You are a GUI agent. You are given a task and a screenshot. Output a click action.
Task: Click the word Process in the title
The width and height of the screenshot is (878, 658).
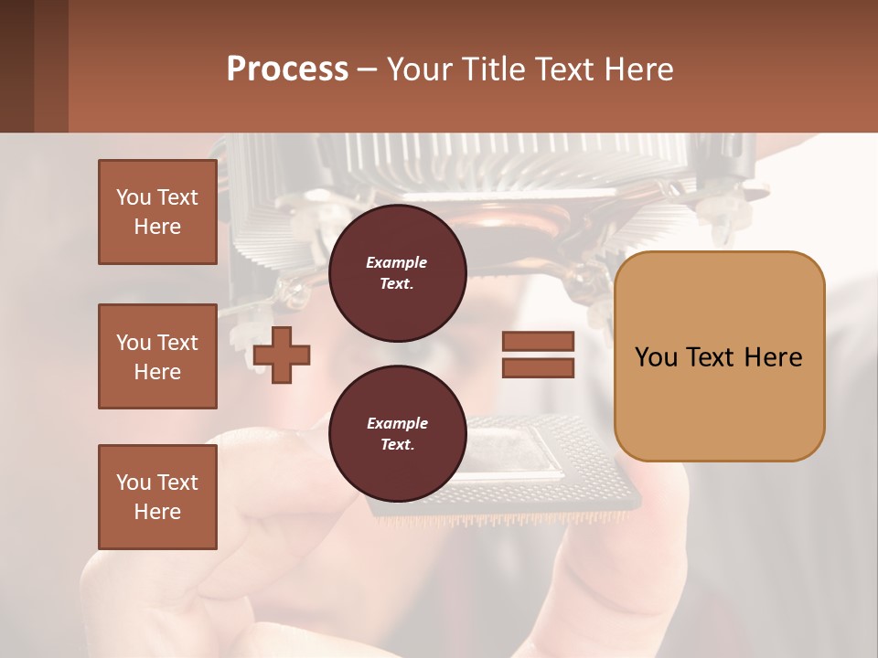point(287,69)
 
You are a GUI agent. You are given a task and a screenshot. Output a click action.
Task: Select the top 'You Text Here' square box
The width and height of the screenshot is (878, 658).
point(157,212)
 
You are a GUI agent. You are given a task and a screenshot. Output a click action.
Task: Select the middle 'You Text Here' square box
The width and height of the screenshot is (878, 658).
point(157,356)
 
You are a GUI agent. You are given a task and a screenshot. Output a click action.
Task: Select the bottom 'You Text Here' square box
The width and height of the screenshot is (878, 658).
point(157,497)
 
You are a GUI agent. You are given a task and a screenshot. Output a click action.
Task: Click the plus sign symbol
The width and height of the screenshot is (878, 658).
point(282,355)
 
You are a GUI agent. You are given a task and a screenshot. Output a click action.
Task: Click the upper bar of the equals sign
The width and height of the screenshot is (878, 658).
point(538,342)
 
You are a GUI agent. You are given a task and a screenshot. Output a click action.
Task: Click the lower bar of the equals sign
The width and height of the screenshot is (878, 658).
point(538,367)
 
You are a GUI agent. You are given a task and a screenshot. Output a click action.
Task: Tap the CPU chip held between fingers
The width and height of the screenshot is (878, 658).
point(512,462)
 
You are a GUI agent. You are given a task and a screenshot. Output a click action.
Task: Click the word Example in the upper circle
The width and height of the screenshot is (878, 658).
point(396,262)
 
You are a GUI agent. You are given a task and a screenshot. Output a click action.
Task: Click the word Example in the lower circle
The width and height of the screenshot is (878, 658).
point(397,423)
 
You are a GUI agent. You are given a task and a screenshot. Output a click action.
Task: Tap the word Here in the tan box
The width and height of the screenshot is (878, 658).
point(773,357)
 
